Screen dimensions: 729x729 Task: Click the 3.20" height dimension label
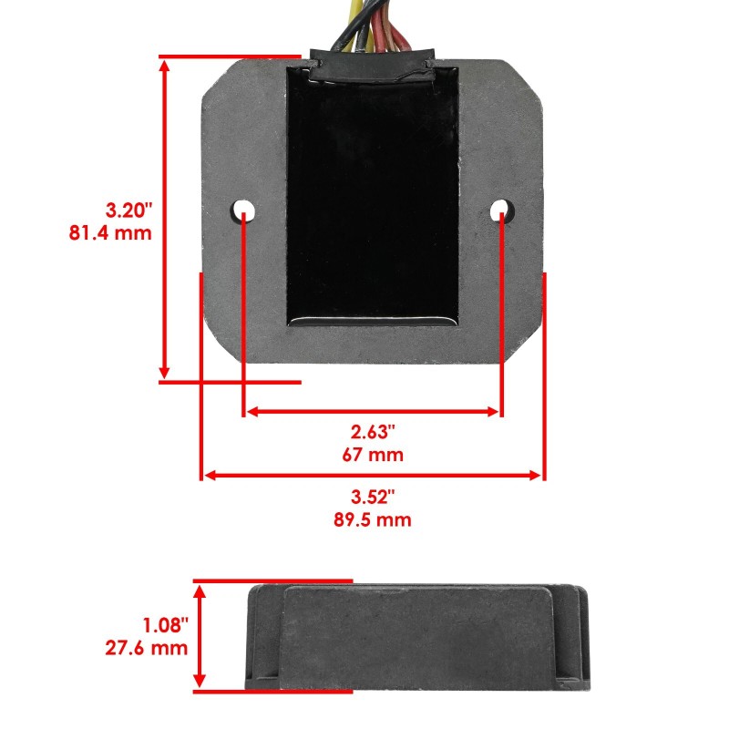tap(124, 210)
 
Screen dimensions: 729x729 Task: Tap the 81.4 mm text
tap(110, 232)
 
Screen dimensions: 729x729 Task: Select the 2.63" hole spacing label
tap(374, 431)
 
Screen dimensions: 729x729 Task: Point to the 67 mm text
tap(374, 454)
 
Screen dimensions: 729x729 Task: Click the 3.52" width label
tap(374, 498)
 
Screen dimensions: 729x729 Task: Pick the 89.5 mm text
tap(374, 520)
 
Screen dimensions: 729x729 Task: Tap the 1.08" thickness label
tap(165, 625)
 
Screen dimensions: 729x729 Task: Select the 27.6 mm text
tap(147, 648)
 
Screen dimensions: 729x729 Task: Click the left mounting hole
tap(243, 210)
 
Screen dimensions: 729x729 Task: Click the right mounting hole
tap(500, 211)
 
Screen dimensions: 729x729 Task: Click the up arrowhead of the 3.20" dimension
tap(165, 66)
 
